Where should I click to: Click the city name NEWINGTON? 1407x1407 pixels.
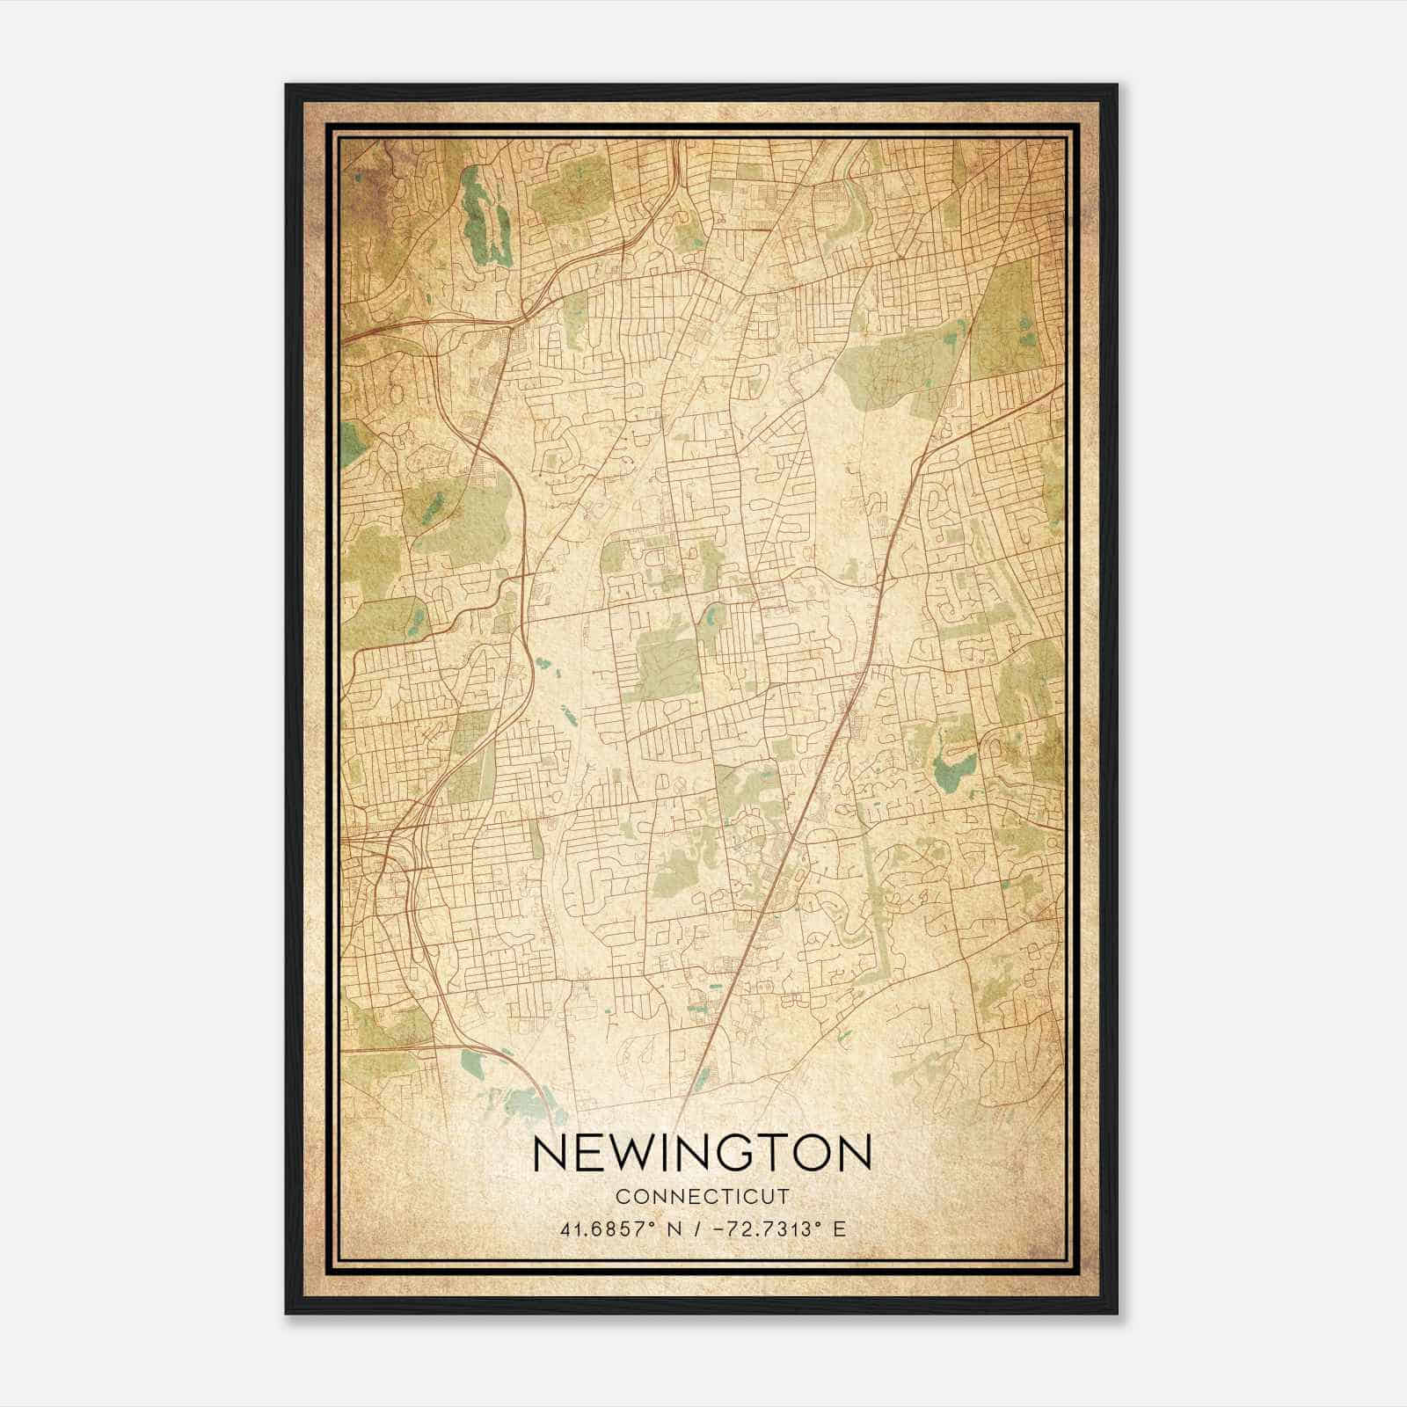[702, 1154]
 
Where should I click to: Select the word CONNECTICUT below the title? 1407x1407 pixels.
[702, 1197]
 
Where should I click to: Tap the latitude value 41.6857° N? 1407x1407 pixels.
[619, 1228]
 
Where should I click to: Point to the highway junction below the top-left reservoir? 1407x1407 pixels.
[525, 308]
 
